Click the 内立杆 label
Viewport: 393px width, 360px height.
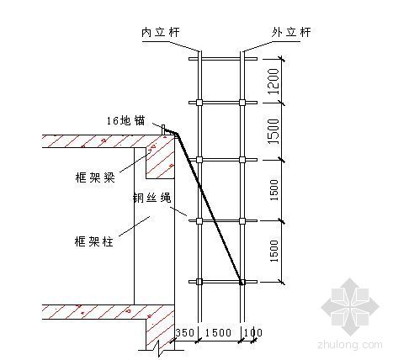160,32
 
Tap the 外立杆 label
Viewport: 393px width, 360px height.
291,32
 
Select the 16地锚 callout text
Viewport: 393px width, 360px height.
125,121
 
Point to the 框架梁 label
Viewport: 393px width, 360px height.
95,177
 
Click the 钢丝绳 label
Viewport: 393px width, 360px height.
151,198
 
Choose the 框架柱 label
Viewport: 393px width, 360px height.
93,241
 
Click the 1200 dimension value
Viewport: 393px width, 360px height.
274,82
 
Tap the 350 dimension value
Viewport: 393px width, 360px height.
185,333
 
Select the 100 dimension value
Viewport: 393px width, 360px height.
253,333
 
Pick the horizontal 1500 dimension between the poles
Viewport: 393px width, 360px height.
218,333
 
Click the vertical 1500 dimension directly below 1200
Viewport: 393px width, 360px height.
274,131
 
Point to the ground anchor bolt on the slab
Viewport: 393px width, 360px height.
163,130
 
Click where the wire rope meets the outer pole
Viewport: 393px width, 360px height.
242,282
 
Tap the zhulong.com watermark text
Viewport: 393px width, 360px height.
350,345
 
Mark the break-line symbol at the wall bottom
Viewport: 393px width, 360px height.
159,347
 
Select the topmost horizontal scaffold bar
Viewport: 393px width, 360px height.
223,59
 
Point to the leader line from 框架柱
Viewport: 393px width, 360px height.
135,226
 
